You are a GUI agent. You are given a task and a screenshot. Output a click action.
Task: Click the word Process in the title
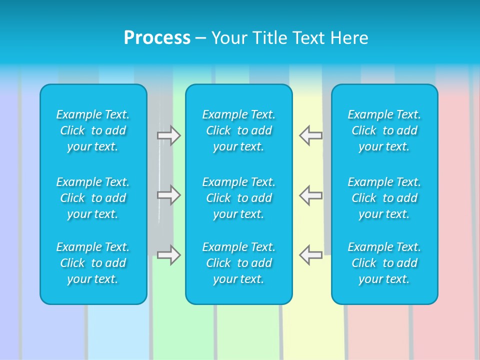point(157,38)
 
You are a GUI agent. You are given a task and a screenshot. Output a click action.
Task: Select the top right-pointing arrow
point(168,135)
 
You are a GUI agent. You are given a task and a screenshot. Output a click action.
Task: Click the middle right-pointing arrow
point(168,194)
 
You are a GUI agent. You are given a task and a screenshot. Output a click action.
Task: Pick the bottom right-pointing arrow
point(168,254)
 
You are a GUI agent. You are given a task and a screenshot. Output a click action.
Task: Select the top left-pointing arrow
point(310,135)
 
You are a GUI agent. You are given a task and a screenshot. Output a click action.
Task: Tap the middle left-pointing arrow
point(310,194)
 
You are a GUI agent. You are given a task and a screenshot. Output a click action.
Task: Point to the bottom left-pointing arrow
point(310,254)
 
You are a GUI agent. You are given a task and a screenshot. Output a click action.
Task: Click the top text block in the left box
point(93,130)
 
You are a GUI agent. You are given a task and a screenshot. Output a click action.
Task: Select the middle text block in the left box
point(93,198)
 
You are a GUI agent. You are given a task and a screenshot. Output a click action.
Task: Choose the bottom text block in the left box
point(93,263)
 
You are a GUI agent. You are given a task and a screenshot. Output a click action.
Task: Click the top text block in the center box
point(239,130)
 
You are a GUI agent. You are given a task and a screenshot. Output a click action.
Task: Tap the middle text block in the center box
point(239,198)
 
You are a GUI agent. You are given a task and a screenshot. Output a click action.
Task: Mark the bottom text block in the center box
point(239,263)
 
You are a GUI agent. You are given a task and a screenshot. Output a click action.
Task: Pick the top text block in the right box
point(384,130)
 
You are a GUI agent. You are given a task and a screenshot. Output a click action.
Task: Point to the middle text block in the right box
point(384,198)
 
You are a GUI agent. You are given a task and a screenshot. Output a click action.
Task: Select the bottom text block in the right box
point(384,263)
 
